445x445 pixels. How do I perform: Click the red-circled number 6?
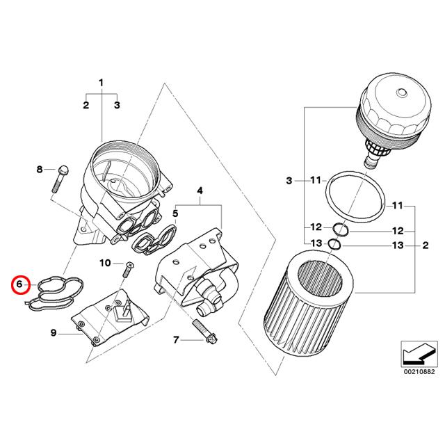[x=21, y=284]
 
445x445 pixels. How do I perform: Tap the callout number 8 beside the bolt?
[x=40, y=170]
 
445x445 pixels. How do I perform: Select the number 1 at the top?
[x=101, y=83]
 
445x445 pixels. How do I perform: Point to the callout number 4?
[x=200, y=190]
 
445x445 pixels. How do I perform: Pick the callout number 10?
[x=104, y=263]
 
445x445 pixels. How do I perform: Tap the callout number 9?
[x=53, y=334]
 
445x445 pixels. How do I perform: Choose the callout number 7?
[x=176, y=339]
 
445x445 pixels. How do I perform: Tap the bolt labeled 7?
[x=203, y=333]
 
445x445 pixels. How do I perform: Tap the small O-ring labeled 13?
[x=334, y=244]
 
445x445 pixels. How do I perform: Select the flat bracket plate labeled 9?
[x=111, y=316]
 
